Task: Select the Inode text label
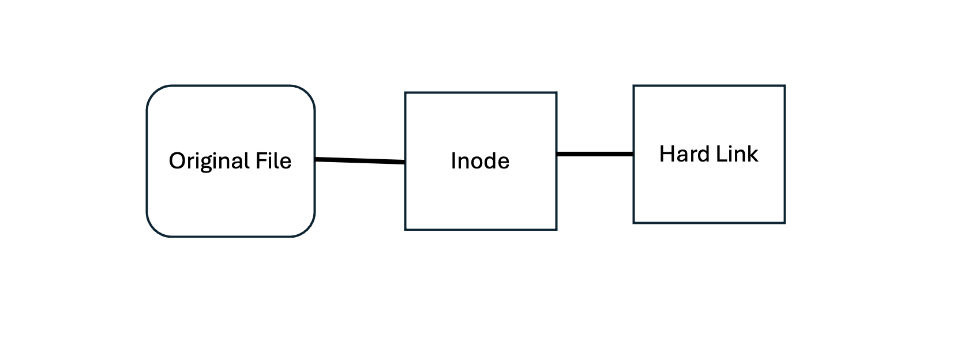(x=480, y=161)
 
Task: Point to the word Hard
(x=682, y=154)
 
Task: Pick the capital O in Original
(x=175, y=161)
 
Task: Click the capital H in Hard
(x=666, y=154)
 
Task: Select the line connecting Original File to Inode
(x=360, y=160)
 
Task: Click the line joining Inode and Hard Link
(x=595, y=154)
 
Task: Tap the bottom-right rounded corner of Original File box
(x=308, y=230)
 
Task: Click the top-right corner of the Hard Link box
(x=785, y=86)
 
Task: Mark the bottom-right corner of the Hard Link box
(x=785, y=222)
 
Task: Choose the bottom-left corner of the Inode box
(x=406, y=230)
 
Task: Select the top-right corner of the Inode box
(x=556, y=92)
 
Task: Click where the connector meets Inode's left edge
(x=406, y=162)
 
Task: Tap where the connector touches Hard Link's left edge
(x=634, y=154)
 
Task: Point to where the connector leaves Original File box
(x=315, y=159)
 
